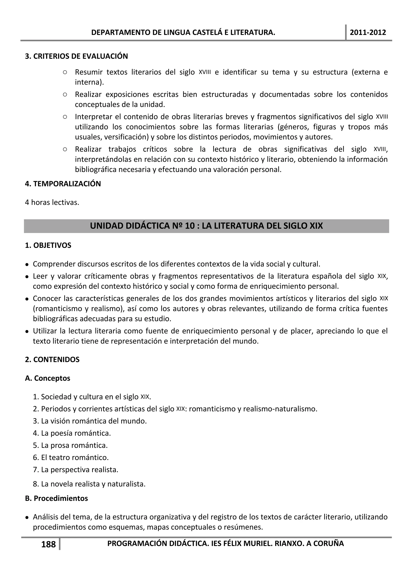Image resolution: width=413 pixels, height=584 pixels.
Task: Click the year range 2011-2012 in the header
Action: click(x=368, y=32)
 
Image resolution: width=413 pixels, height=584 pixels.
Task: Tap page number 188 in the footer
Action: click(x=48, y=544)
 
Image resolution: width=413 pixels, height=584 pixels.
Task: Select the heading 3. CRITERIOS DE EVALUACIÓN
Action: click(x=76, y=56)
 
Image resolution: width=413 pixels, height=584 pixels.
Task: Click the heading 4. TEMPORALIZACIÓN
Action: click(x=63, y=184)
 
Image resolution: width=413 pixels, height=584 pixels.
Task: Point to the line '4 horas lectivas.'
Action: click(x=52, y=202)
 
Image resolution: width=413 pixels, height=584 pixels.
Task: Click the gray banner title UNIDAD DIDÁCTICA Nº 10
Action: click(x=206, y=226)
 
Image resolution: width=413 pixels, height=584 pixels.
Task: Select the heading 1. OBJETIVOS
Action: click(x=48, y=245)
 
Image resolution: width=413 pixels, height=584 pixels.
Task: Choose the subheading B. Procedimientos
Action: click(x=56, y=498)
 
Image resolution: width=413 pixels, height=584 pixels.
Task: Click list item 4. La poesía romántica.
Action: click(x=72, y=433)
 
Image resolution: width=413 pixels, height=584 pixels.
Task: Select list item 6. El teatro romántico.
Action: click(x=71, y=458)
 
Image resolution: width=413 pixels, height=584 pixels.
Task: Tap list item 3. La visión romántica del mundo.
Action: click(x=90, y=421)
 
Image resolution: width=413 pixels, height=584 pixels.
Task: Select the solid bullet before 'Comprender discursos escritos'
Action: click(x=27, y=265)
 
